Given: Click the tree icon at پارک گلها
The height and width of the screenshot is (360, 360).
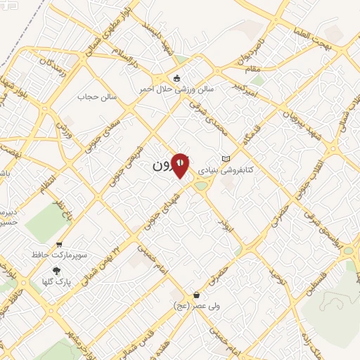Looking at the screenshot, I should (x=56, y=271).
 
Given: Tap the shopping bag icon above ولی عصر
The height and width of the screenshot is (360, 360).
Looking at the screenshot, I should (x=196, y=295).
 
